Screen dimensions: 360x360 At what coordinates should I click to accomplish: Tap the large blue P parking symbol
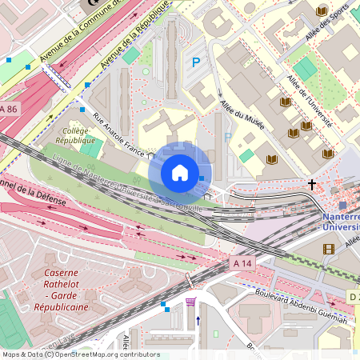[x=195, y=62]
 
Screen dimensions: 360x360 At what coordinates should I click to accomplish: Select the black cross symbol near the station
[x=312, y=184]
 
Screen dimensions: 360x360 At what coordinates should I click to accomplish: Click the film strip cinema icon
[x=329, y=249]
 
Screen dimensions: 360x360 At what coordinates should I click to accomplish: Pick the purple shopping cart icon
[x=190, y=302]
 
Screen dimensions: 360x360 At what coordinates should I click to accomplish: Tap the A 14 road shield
[x=242, y=262]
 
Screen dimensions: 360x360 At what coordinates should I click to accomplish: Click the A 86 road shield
[x=8, y=108]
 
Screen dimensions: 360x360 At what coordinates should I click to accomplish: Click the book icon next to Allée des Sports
[x=322, y=11]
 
